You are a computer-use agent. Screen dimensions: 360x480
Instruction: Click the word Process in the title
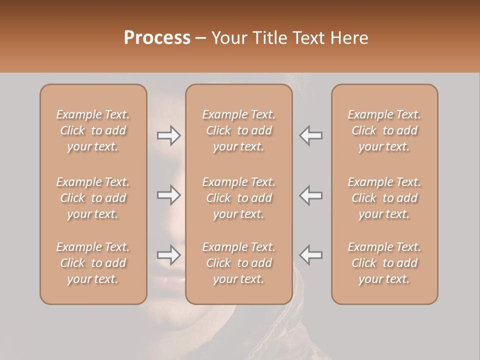pos(157,38)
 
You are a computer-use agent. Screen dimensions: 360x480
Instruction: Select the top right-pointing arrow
pos(168,136)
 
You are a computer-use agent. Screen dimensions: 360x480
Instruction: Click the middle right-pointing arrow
pos(168,195)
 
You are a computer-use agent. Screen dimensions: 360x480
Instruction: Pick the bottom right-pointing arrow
pos(168,255)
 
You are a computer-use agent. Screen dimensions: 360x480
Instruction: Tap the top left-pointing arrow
pos(310,136)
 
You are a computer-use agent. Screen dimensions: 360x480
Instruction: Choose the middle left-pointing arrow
pos(310,195)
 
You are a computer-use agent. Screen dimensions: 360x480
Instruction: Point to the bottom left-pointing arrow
pos(310,255)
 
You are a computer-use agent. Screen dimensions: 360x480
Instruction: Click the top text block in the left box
pos(93,130)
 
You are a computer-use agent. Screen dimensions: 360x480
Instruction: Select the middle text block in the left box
pos(93,198)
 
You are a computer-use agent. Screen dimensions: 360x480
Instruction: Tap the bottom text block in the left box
pos(93,263)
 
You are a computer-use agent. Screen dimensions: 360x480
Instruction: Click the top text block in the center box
pos(238,130)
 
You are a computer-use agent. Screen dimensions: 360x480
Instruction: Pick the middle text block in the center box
pos(238,198)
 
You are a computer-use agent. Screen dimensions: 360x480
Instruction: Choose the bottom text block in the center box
pos(238,263)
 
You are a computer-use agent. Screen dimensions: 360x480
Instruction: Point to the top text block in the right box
pos(384,130)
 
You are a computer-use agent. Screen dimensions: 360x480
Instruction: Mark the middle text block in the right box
pos(384,198)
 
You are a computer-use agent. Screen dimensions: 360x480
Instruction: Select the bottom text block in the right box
pos(384,263)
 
